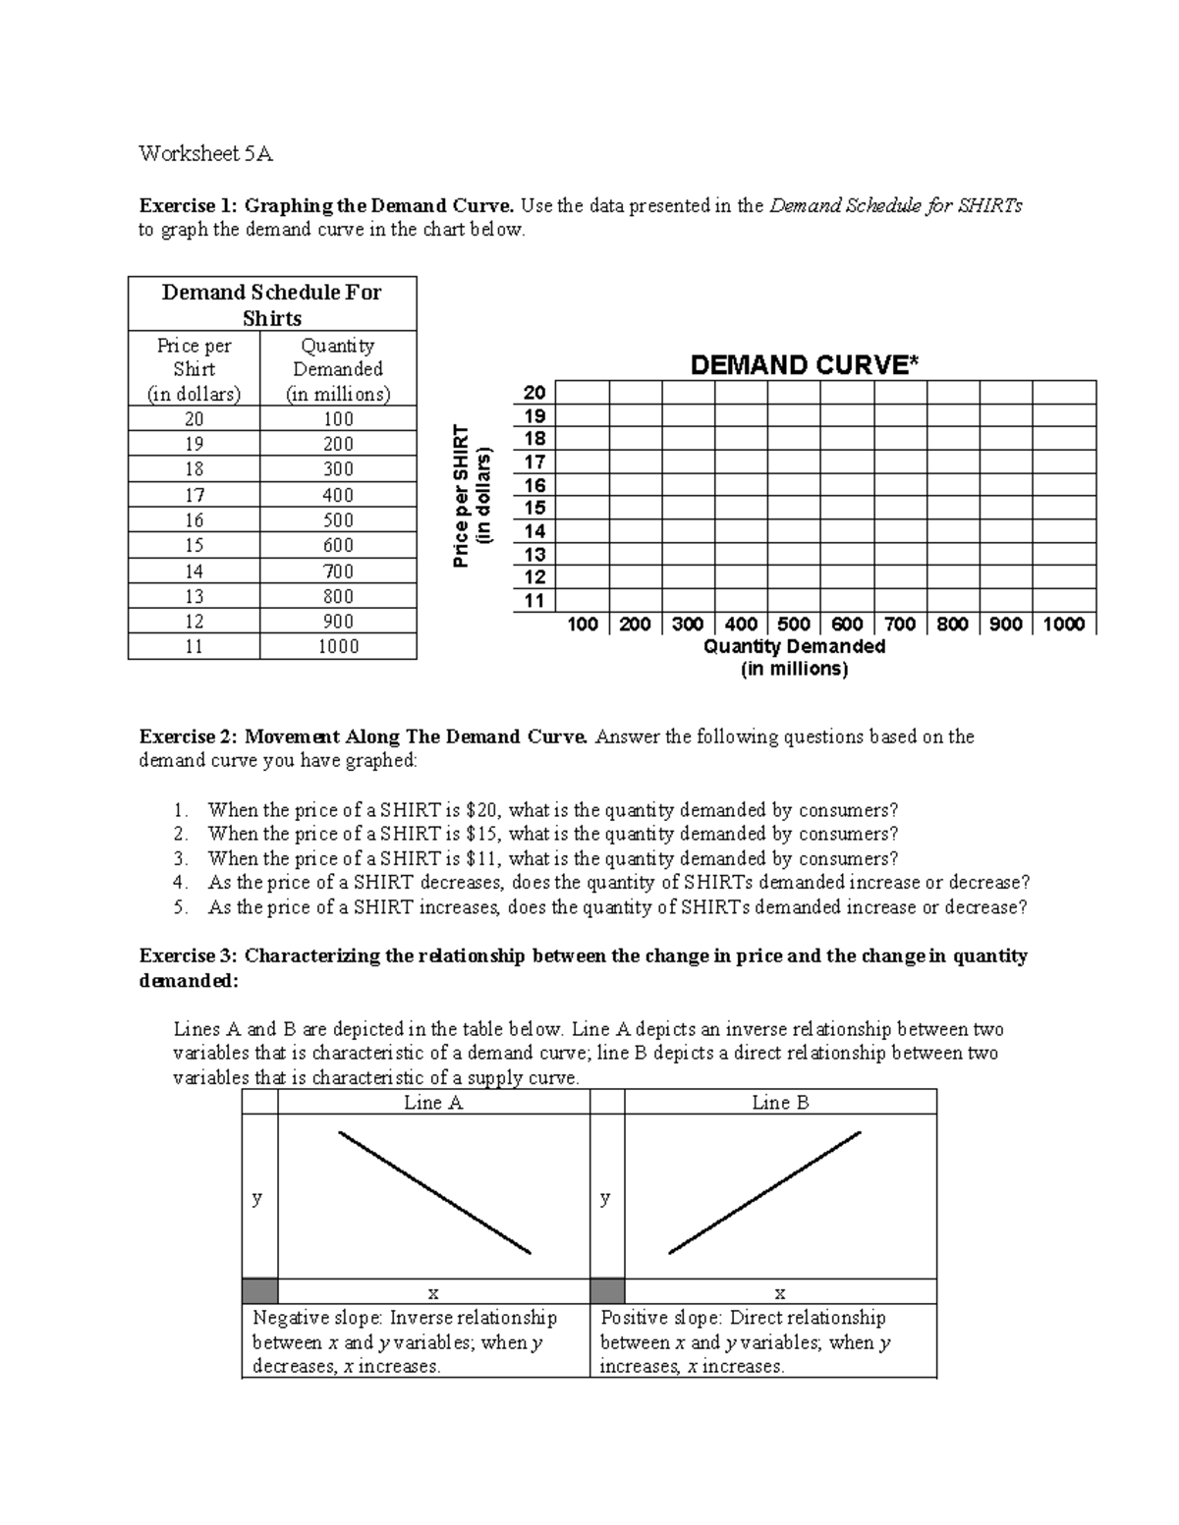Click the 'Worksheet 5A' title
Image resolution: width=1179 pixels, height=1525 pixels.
205,153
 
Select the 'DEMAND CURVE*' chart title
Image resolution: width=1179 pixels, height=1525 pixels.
805,365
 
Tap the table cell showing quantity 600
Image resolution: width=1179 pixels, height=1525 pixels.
338,546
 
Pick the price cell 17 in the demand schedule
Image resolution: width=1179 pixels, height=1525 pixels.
195,495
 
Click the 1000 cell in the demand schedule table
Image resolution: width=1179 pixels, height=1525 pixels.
338,646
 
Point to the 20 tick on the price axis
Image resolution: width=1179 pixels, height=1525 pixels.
534,393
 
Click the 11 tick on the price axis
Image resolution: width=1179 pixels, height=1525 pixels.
534,601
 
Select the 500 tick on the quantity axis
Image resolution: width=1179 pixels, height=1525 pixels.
794,624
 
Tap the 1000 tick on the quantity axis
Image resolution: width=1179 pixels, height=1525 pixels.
1063,624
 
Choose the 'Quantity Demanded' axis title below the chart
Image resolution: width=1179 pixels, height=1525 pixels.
794,647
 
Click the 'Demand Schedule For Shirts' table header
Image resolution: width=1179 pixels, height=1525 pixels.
272,304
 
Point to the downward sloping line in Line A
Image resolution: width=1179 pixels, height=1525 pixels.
434,1192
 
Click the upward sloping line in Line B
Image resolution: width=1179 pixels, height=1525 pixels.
764,1192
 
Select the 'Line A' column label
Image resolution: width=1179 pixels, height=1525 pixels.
433,1103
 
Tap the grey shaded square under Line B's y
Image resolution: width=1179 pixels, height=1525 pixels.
607,1291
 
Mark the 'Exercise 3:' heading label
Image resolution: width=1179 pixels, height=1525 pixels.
188,955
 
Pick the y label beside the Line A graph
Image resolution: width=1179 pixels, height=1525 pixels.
257,1198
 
